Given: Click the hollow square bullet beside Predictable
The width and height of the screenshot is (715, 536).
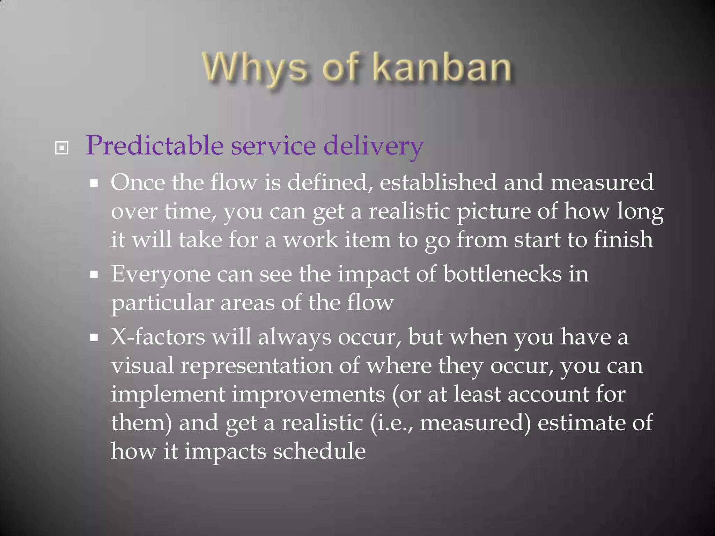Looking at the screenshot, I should [62, 148].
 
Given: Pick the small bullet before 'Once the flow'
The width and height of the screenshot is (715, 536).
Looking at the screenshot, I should [94, 183].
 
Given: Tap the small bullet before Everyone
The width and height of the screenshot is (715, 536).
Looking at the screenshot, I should [94, 275].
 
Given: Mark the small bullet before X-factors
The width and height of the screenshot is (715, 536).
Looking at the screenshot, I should [94, 337].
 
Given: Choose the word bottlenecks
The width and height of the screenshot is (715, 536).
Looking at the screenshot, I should [502, 274].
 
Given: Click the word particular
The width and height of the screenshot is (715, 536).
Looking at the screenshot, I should [162, 303].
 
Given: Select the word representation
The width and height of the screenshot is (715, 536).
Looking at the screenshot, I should [257, 366].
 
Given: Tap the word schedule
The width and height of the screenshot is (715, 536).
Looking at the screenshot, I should [319, 451].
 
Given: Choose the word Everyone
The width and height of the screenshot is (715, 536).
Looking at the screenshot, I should [161, 275].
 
